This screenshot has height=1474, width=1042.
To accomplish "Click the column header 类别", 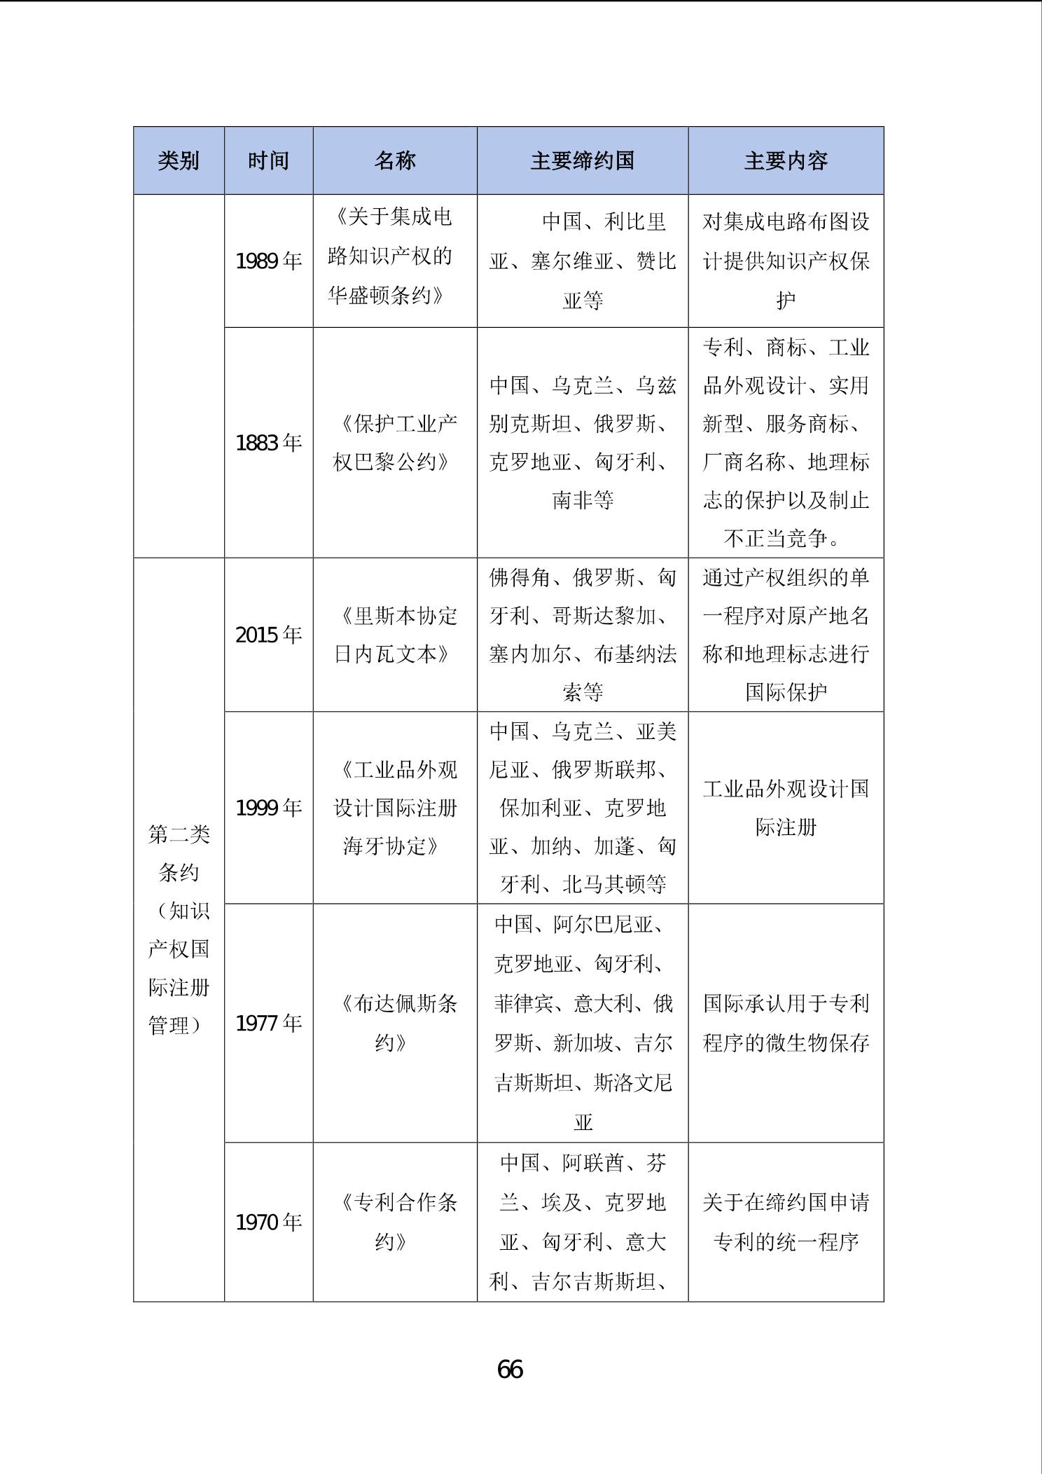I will click(179, 161).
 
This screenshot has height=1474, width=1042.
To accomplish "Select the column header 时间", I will click(268, 161).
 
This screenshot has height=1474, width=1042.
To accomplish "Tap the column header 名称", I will click(395, 161).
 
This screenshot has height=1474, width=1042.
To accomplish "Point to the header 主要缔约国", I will click(583, 161).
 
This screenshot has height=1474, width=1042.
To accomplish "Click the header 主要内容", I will click(786, 161).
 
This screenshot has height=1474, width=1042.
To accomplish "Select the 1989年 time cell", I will click(268, 261).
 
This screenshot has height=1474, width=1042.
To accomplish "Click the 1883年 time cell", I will click(268, 443).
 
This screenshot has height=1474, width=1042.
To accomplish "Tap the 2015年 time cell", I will click(268, 635).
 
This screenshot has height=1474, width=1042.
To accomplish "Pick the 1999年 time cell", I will click(268, 808).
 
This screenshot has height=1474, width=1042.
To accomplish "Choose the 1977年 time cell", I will click(268, 1024).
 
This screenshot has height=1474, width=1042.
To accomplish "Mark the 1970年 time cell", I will click(268, 1222).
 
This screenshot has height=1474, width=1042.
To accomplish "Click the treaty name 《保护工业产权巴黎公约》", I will click(395, 443).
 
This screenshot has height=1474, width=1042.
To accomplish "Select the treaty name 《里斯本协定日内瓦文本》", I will click(395, 635).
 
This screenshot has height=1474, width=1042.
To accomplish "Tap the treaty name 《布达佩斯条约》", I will click(395, 1024).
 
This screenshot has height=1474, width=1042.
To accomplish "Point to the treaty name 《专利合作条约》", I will click(395, 1222).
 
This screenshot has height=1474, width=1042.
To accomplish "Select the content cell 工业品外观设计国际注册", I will click(786, 808).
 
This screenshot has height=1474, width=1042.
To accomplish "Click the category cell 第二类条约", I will click(179, 853).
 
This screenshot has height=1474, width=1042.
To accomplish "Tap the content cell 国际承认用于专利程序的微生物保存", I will click(786, 1024).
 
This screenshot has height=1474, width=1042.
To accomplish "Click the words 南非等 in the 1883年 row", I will click(583, 500).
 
